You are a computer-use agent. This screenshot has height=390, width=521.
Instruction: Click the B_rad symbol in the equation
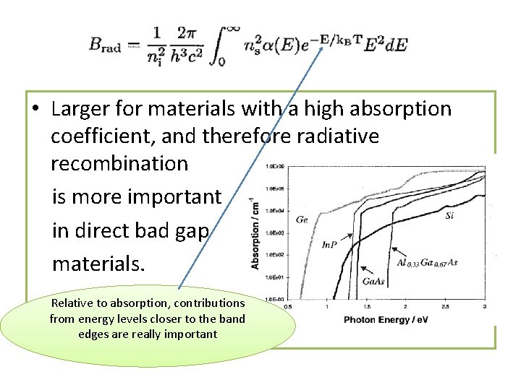tap(106, 45)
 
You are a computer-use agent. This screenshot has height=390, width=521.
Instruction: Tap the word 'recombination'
tap(119, 163)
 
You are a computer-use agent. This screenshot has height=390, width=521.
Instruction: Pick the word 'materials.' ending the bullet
tap(98, 264)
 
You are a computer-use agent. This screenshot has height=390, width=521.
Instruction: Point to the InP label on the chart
tap(329, 246)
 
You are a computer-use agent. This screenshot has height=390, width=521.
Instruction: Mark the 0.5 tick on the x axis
tap(288, 307)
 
